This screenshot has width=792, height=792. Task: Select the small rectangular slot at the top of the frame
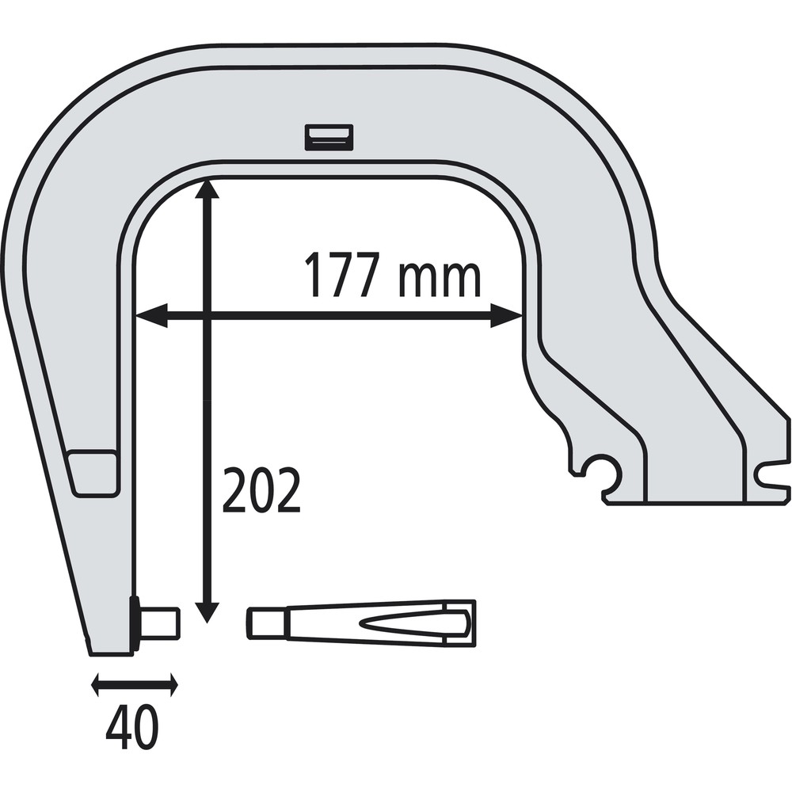[329, 137]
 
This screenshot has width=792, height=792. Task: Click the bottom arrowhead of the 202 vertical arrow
[208, 611]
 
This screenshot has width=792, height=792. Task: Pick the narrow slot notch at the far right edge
[772, 475]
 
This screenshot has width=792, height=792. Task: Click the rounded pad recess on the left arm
[93, 473]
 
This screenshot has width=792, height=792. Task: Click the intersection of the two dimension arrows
[208, 316]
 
